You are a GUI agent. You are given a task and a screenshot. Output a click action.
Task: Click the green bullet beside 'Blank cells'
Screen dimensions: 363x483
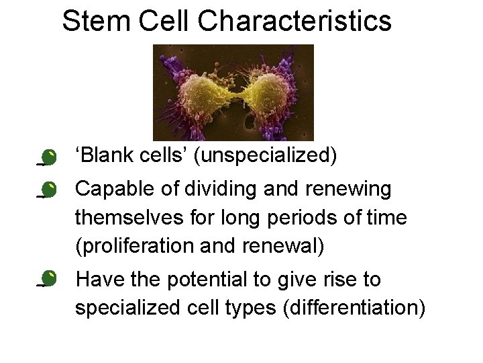(x=48, y=158)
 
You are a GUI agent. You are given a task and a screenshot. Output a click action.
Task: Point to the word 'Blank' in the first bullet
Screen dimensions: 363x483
(x=105, y=156)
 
